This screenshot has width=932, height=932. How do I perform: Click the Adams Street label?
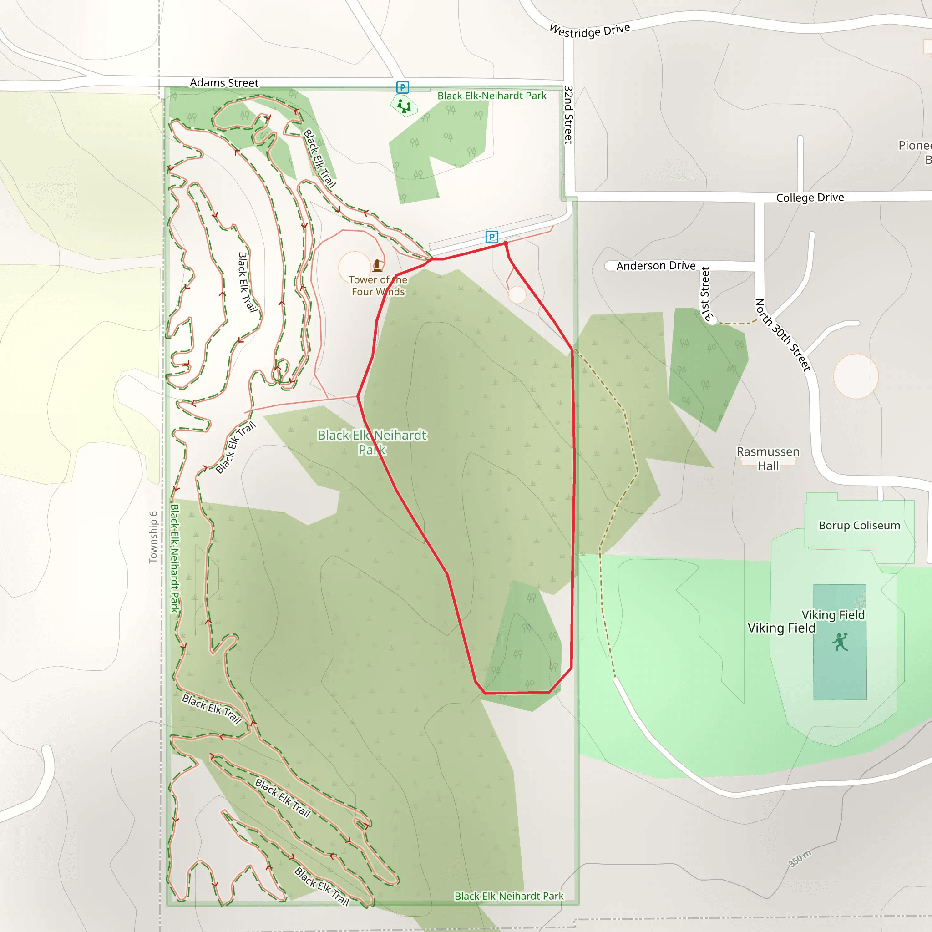[x=224, y=83]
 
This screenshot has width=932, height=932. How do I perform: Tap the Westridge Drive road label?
[x=589, y=30]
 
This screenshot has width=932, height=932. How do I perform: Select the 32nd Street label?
[x=569, y=115]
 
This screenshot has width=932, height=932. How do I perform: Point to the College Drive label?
[x=810, y=198]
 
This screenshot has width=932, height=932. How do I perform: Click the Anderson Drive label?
[x=656, y=266]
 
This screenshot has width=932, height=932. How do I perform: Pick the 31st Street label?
[x=706, y=294]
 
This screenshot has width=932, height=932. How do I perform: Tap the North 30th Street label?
[x=782, y=335]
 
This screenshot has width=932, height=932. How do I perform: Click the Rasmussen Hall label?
[x=768, y=458]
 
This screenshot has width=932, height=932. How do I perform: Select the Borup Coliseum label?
[x=859, y=525]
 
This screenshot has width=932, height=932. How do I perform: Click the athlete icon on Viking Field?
[x=840, y=642]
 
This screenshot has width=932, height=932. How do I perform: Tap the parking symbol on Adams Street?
[x=402, y=87]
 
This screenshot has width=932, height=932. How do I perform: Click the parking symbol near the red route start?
[x=491, y=237]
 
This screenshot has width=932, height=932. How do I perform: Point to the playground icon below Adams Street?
[x=404, y=106]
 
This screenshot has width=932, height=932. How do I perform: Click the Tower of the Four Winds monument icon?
[x=377, y=265]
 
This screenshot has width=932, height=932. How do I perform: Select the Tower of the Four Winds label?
[x=378, y=286]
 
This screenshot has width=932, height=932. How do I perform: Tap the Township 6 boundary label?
[x=153, y=537]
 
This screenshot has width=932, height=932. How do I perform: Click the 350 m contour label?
[x=800, y=858]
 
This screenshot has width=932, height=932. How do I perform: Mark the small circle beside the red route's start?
[x=517, y=295]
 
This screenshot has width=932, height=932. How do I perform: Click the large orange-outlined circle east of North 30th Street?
[x=856, y=376]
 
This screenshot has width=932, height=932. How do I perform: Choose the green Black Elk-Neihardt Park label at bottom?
[x=509, y=896]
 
